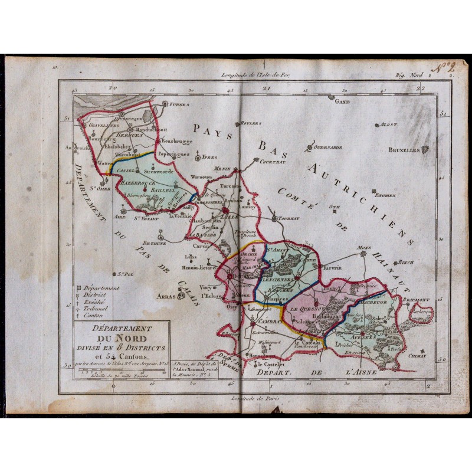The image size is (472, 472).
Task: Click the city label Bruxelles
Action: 404,150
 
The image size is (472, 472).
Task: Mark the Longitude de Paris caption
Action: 255,399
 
